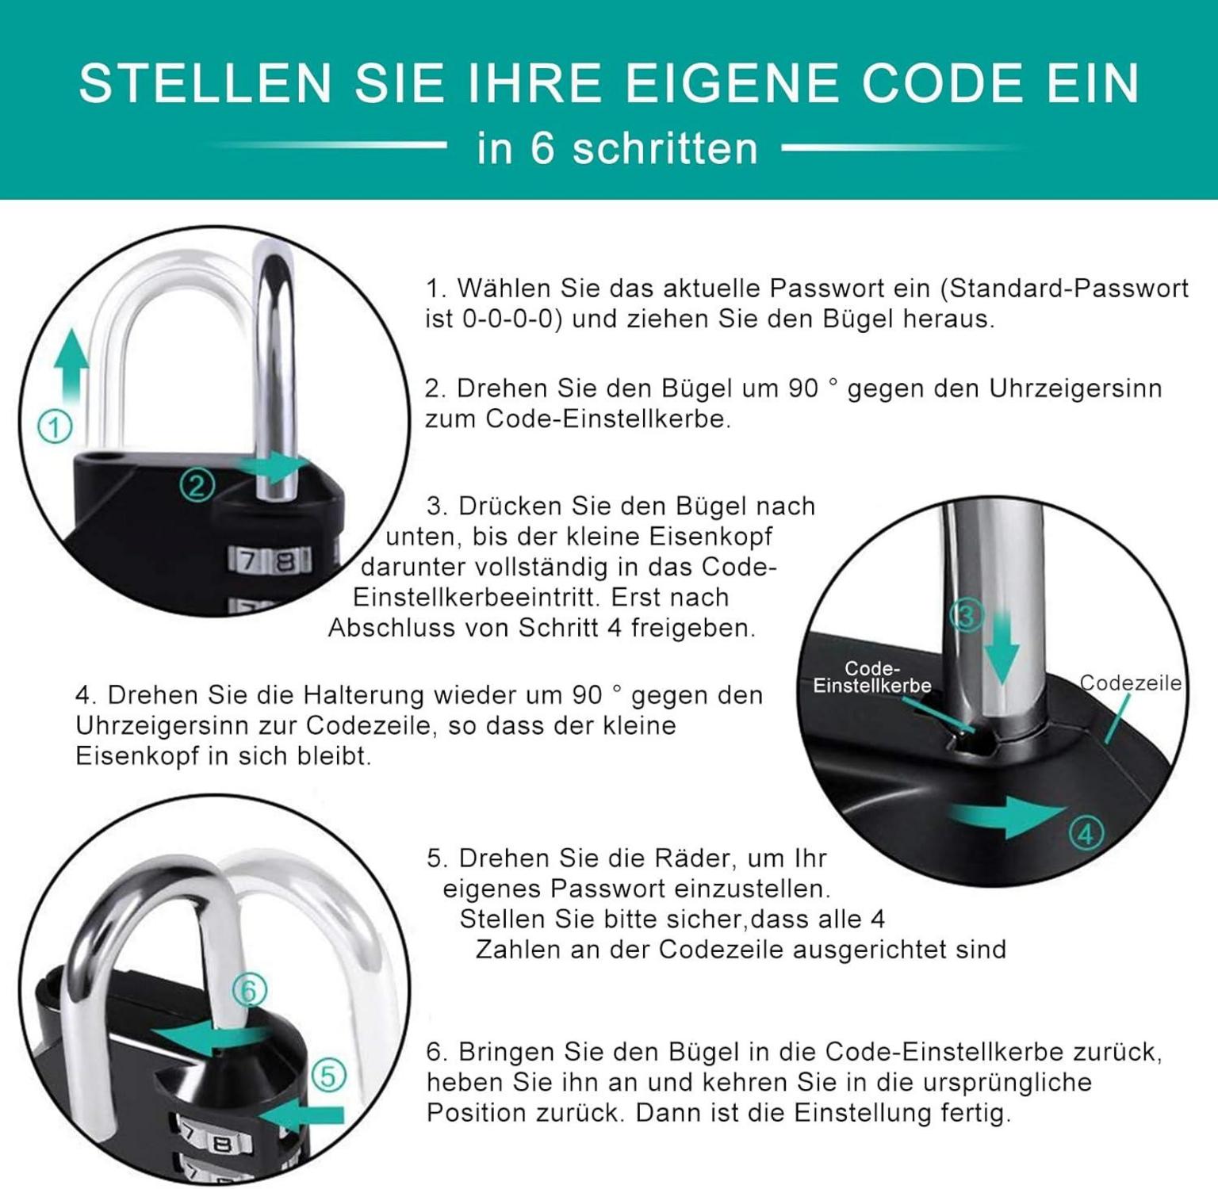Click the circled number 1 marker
click(x=55, y=427)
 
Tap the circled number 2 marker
click(x=197, y=484)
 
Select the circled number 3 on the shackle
click(x=967, y=615)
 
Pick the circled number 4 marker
click(x=1086, y=832)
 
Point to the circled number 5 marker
click(x=328, y=1076)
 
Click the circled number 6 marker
click(x=249, y=991)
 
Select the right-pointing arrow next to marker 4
click(x=1010, y=816)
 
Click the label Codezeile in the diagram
click(x=1130, y=683)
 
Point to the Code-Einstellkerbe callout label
click(x=872, y=678)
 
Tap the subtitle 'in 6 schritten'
click(x=617, y=148)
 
